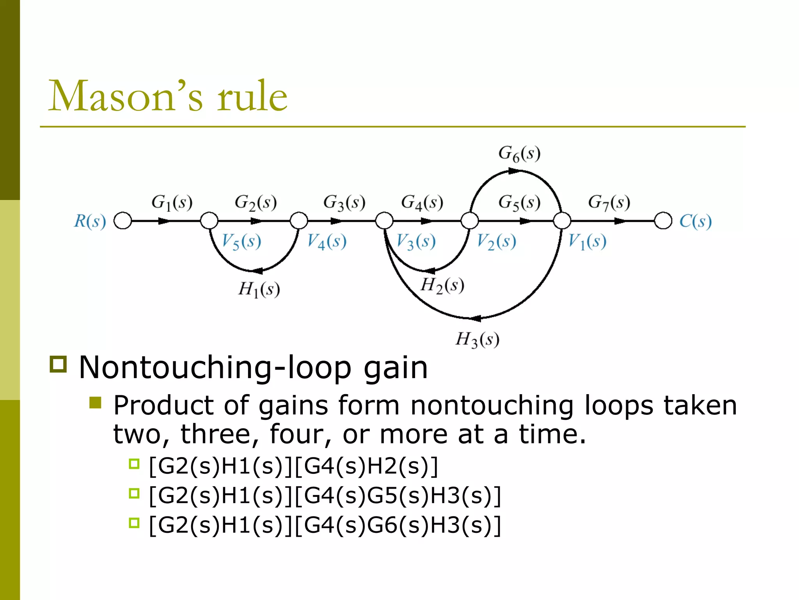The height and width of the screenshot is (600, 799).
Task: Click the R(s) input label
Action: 90,221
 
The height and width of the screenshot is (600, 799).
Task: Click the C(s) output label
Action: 695,221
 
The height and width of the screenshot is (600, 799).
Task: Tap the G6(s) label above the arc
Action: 519,154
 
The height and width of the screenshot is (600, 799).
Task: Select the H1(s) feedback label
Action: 259,290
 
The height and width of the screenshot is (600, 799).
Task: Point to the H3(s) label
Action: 477,339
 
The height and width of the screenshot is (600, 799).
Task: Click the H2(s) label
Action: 442,285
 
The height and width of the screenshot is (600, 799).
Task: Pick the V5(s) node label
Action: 241,241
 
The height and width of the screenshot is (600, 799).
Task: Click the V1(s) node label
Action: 587,241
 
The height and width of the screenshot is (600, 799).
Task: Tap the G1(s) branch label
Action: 172,203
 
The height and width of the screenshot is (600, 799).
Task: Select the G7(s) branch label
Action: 609,203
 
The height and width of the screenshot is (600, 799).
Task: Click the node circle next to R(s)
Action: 123,221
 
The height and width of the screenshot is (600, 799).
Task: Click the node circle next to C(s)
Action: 663,221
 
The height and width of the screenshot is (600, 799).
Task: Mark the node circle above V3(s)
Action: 384,221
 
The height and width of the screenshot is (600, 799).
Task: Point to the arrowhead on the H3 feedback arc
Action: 476,318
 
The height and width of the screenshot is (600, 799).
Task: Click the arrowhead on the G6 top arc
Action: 514,171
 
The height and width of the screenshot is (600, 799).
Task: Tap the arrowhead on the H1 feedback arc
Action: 257,271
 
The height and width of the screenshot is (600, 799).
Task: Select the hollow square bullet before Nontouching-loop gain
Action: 59,364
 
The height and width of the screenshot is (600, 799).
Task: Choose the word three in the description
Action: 216,434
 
